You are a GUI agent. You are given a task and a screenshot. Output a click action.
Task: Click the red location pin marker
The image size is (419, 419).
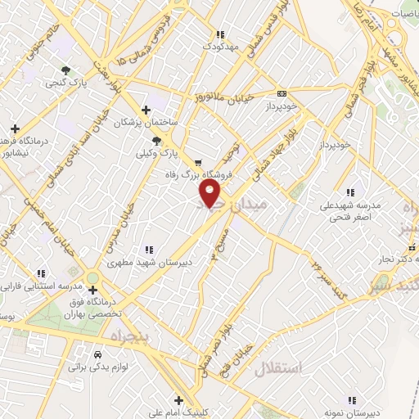click(x=211, y=194)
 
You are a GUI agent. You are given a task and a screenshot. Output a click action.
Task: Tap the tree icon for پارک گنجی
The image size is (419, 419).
click(x=65, y=70)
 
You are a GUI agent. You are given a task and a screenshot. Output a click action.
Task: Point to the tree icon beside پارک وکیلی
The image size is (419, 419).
click(x=157, y=141)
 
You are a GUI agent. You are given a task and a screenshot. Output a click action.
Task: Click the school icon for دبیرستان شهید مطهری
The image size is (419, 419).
click(x=148, y=249)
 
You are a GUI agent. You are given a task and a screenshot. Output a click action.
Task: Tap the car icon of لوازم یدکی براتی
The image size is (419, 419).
click(x=98, y=356)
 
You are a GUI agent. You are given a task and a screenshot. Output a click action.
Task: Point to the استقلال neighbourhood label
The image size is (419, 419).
click(x=278, y=368)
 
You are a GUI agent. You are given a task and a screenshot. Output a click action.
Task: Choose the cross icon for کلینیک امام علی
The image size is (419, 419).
click(x=151, y=401)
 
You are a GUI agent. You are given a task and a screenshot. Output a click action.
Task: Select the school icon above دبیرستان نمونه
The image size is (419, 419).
click(x=352, y=400)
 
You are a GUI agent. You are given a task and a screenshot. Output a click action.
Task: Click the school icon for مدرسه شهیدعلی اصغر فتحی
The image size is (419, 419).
click(x=351, y=192)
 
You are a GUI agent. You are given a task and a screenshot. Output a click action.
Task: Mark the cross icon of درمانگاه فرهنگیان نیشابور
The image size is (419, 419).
click(x=15, y=128)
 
